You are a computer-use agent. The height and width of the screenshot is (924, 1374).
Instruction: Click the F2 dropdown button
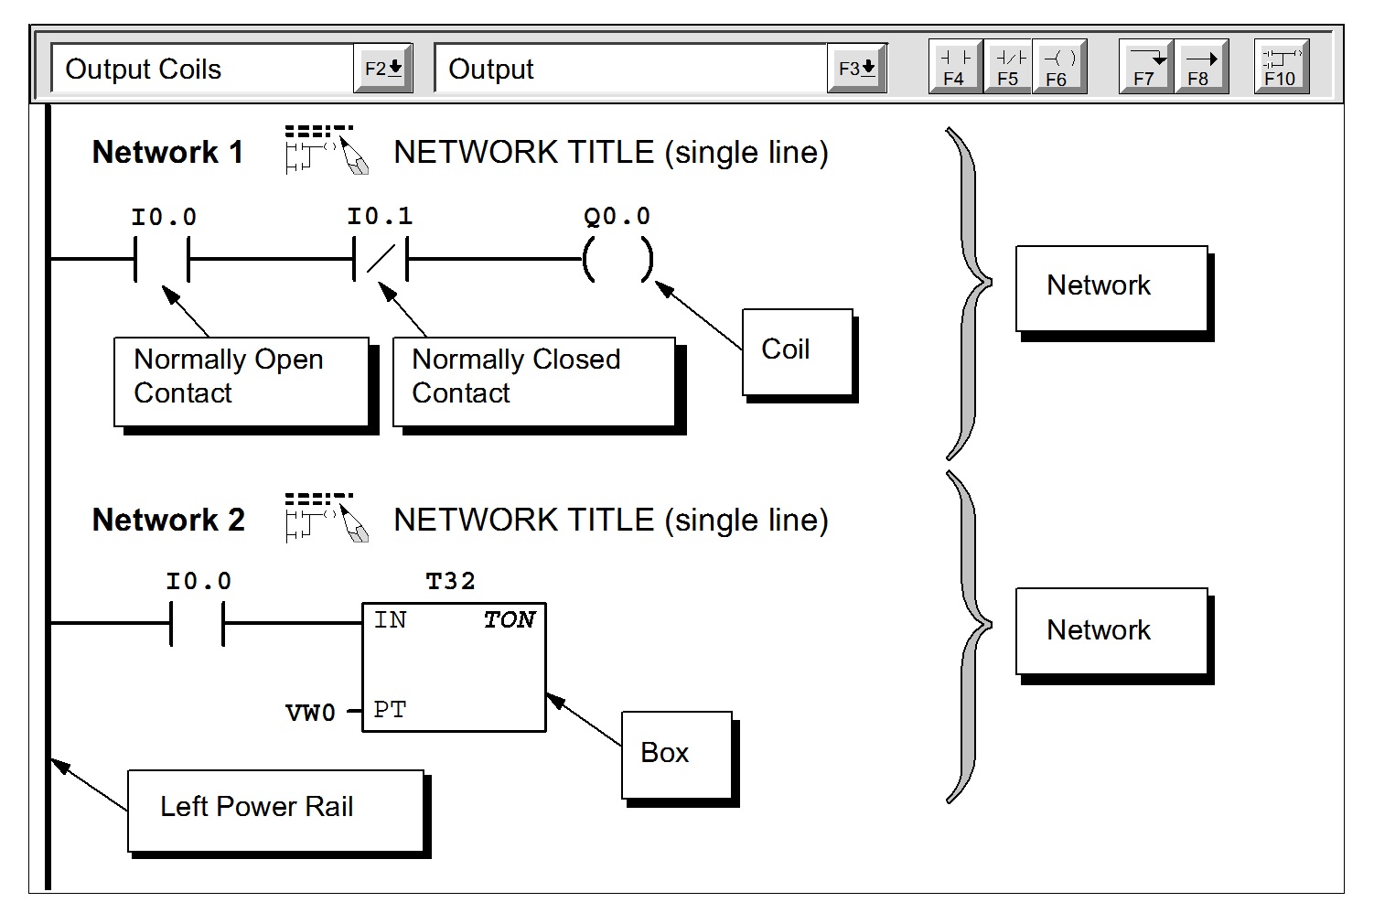tap(382, 69)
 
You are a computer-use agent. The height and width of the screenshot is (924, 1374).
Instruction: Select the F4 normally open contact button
tap(955, 67)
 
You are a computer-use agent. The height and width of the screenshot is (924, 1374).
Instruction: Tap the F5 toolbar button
tap(1008, 67)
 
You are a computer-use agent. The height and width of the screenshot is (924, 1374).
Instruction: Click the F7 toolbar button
tap(1145, 67)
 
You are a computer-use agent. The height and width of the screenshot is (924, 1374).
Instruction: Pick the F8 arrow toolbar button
tap(1200, 67)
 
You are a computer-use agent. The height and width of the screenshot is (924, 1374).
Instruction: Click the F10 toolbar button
tap(1281, 67)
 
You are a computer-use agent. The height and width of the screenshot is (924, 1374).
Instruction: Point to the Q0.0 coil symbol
tap(618, 260)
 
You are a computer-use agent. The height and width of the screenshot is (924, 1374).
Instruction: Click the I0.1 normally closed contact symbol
tap(381, 260)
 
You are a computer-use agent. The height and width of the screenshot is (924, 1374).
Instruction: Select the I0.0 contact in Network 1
tap(162, 260)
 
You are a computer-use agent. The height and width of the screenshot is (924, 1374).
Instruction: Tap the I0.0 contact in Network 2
tap(198, 623)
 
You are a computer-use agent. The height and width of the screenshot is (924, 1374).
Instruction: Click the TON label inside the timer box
tap(509, 620)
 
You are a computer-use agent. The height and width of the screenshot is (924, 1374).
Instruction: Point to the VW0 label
tap(310, 713)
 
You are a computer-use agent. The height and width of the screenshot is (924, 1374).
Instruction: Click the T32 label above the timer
tap(450, 581)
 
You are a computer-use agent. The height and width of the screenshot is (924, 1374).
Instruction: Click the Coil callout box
tap(797, 352)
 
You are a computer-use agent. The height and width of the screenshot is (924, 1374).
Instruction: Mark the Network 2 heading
tap(168, 520)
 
